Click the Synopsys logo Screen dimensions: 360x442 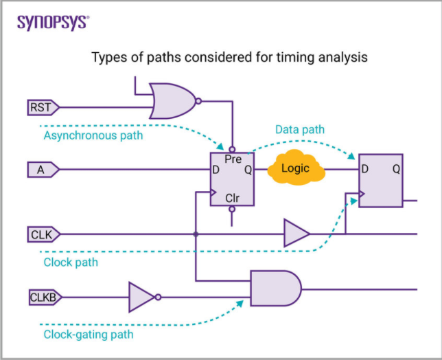pos(52,22)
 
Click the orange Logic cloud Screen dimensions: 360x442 pos(296,169)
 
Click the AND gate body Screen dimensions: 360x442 pos(275,288)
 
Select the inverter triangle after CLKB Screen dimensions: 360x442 pos(142,297)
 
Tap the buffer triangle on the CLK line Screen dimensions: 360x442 pos(296,234)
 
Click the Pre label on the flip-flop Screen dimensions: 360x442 pos(233,159)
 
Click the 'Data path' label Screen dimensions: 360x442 pos(300,129)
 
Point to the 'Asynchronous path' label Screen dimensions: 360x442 pos(93,135)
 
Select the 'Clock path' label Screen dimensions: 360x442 pos(71,262)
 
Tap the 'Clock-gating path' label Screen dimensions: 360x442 pos(89,335)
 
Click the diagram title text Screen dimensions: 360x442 pos(230,58)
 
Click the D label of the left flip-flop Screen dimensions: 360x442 pos(216,169)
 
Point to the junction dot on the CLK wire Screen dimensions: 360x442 pos(196,234)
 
